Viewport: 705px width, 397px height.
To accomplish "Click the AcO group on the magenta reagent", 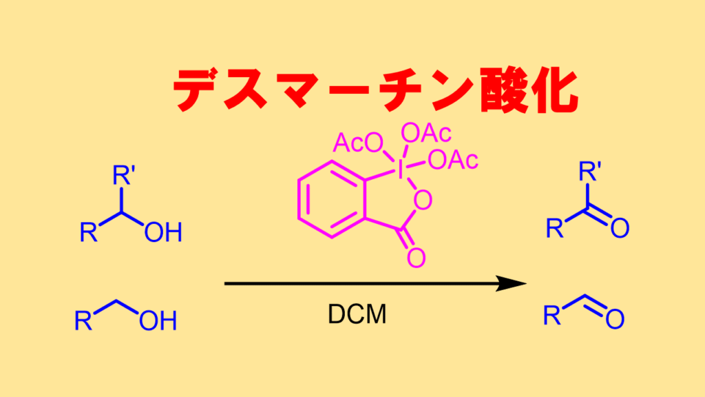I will click(358, 143).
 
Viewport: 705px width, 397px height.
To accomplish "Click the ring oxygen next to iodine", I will click(424, 201).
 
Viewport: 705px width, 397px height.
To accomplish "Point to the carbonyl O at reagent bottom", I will click(416, 258).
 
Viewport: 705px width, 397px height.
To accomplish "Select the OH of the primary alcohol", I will click(158, 320).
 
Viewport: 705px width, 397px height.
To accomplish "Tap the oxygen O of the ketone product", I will click(619, 228).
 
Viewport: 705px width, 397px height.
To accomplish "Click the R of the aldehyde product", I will click(551, 316).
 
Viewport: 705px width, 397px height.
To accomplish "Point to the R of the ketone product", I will click(555, 228).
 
